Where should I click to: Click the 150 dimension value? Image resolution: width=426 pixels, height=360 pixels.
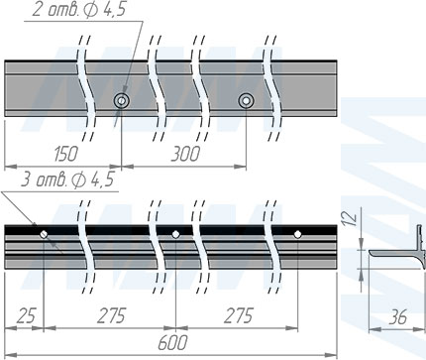pyautogui.click(x=66, y=154)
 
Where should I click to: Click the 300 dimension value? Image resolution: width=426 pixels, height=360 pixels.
pyautogui.click(x=185, y=154)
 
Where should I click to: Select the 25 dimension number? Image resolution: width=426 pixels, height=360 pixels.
pyautogui.click(x=26, y=315)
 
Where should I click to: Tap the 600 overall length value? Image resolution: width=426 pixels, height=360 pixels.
pyautogui.click(x=172, y=342)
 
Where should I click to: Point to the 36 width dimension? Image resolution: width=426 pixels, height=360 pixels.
pyautogui.click(x=398, y=317)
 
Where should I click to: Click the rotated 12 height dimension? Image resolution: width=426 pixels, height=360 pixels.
pyautogui.click(x=351, y=218)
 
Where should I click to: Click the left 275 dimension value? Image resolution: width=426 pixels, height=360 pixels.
pyautogui.click(x=112, y=315)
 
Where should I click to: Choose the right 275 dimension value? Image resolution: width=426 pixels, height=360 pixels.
pyautogui.click(x=239, y=315)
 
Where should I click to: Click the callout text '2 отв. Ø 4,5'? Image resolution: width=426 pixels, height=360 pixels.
pyautogui.click(x=79, y=10)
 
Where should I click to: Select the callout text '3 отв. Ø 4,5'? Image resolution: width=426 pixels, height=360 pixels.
pyautogui.click(x=67, y=180)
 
